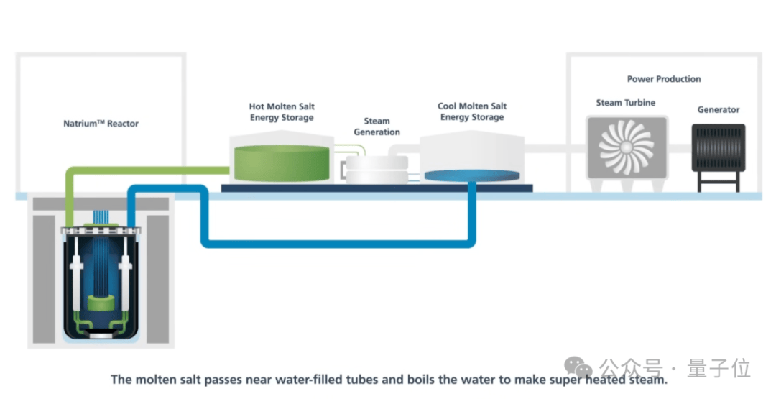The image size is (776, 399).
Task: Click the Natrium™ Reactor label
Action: point(101,124)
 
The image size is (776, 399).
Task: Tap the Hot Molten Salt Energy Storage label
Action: point(282,112)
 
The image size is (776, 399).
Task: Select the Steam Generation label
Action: point(377,127)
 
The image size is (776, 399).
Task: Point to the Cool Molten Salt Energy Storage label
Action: point(472,111)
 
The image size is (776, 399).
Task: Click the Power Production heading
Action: point(664,78)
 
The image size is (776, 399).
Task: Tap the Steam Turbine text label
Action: point(626,103)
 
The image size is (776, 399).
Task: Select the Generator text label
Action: point(718,109)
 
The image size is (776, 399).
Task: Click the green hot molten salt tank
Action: point(282,162)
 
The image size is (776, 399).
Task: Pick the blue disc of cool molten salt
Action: point(472,175)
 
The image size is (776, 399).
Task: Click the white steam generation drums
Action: point(377,170)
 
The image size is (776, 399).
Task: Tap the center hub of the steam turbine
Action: point(626,147)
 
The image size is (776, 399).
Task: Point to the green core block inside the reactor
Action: point(101,302)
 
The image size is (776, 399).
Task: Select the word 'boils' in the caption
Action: point(420,380)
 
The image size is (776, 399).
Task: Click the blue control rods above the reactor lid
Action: point(101,217)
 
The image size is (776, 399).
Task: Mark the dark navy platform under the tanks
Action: point(377,188)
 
